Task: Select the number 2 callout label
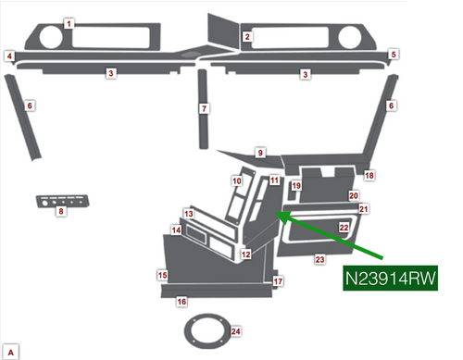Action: pos(247,37)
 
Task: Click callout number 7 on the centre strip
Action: pos(205,109)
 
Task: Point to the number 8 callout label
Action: pos(61,213)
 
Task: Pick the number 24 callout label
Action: pos(236,330)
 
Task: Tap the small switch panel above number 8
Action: pos(63,201)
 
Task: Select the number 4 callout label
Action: pos(9,56)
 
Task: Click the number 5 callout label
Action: pos(394,56)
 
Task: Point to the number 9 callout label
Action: pos(261,153)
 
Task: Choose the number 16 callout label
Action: pos(181,302)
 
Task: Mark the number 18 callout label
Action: pos(369,176)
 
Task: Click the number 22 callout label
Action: pos(344,227)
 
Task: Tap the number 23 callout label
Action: pos(319,261)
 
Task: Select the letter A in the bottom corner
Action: pos(10,348)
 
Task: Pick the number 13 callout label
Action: pos(188,215)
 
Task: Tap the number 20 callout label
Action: pos(353,196)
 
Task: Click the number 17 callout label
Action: pos(278,281)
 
